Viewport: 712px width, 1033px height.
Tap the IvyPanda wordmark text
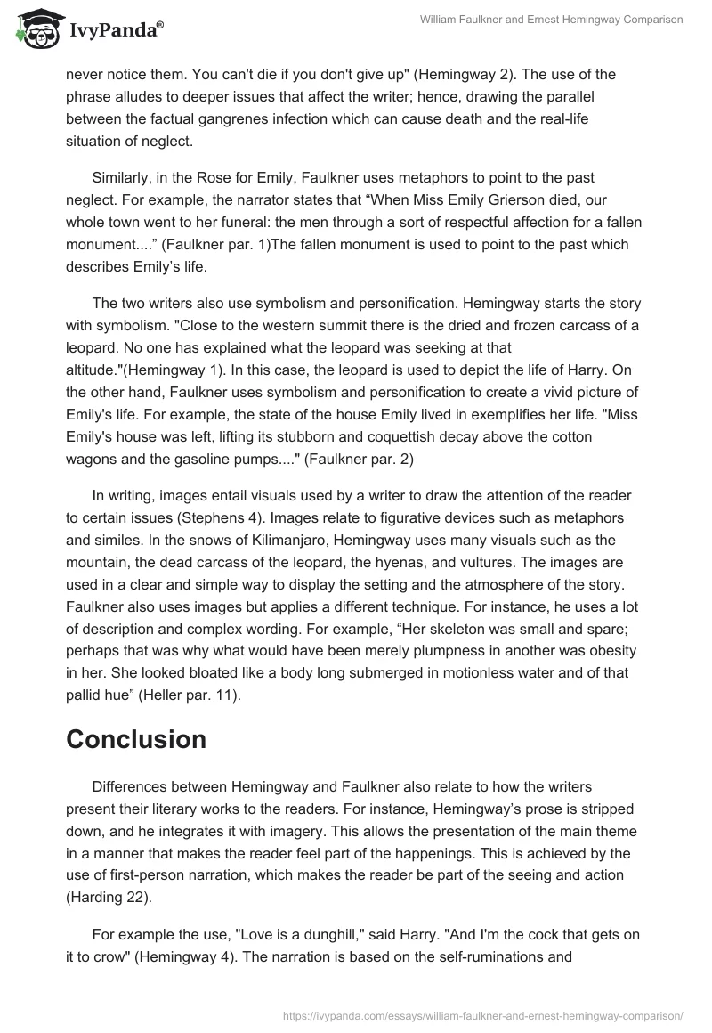(x=116, y=31)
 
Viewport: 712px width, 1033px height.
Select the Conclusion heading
(x=136, y=739)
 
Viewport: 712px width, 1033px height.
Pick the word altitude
(x=93, y=370)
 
